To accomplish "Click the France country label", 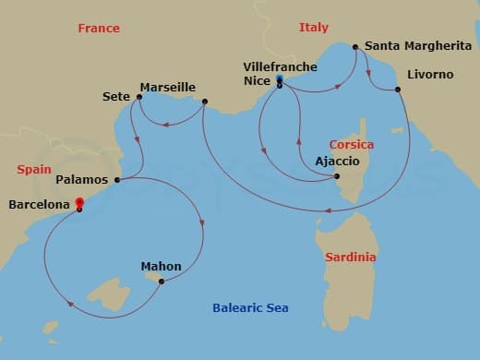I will coord(99,28).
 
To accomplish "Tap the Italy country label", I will coord(314,28).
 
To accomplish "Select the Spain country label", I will coord(34,170).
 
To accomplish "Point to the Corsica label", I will coord(352,144).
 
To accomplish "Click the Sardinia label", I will coord(351,258).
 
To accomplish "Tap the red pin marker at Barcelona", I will coord(79,203).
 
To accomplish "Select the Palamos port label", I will coord(82,179).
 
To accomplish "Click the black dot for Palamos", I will coord(117,179).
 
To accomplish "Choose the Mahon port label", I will coord(161,267).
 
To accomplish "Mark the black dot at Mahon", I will coord(162,282).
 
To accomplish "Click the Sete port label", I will coord(115,95).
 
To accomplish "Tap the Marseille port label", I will coord(167,88).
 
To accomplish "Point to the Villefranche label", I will coord(280,67).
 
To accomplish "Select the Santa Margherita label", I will coord(418,45).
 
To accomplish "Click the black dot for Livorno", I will coord(398,90).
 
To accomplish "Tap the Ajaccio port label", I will coord(311,161).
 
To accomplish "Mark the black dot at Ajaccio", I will coord(337,176).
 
